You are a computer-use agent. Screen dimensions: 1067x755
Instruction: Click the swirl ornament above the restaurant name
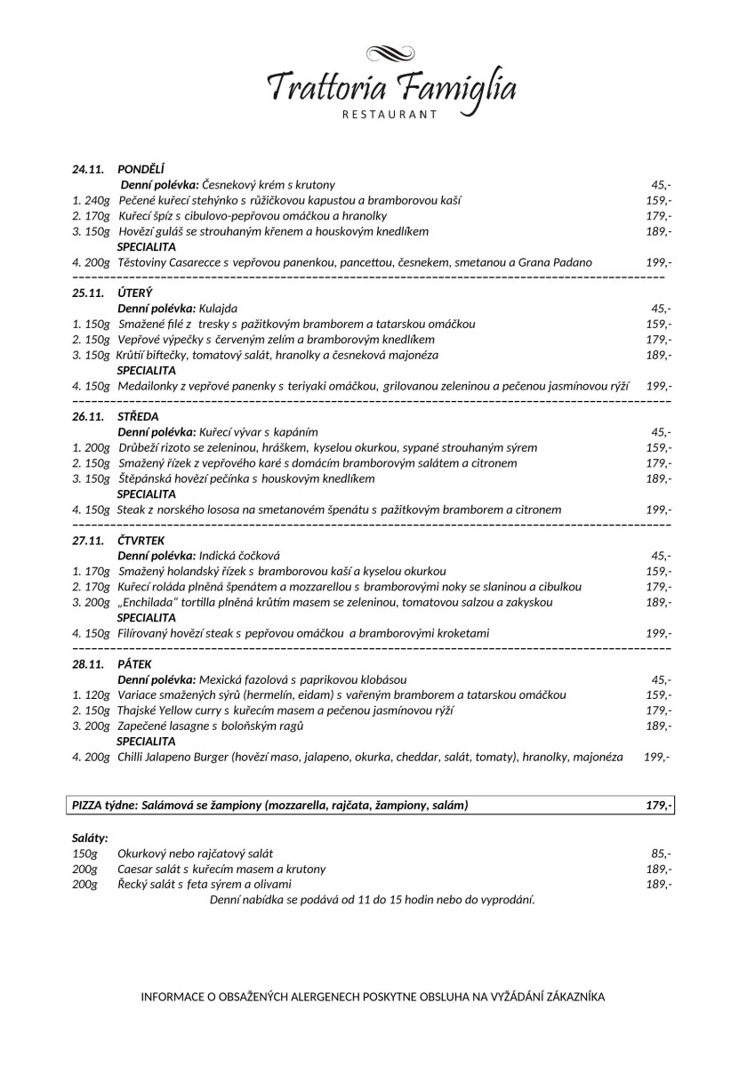click(x=391, y=53)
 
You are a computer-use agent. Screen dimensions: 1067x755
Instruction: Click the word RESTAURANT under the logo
click(x=390, y=114)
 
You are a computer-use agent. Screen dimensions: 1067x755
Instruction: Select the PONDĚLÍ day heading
click(x=135, y=169)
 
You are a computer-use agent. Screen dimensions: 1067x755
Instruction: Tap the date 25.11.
click(x=88, y=293)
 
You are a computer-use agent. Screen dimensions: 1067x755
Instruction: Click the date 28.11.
click(x=88, y=663)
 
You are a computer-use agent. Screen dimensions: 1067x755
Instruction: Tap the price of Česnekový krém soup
click(x=661, y=185)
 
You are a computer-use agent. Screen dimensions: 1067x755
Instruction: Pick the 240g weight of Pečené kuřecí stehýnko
click(x=97, y=200)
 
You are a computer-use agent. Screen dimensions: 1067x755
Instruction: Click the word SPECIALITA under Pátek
click(x=146, y=741)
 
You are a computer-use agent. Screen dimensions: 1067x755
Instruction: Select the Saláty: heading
click(x=90, y=838)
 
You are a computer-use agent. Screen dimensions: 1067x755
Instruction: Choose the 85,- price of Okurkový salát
click(x=661, y=853)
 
